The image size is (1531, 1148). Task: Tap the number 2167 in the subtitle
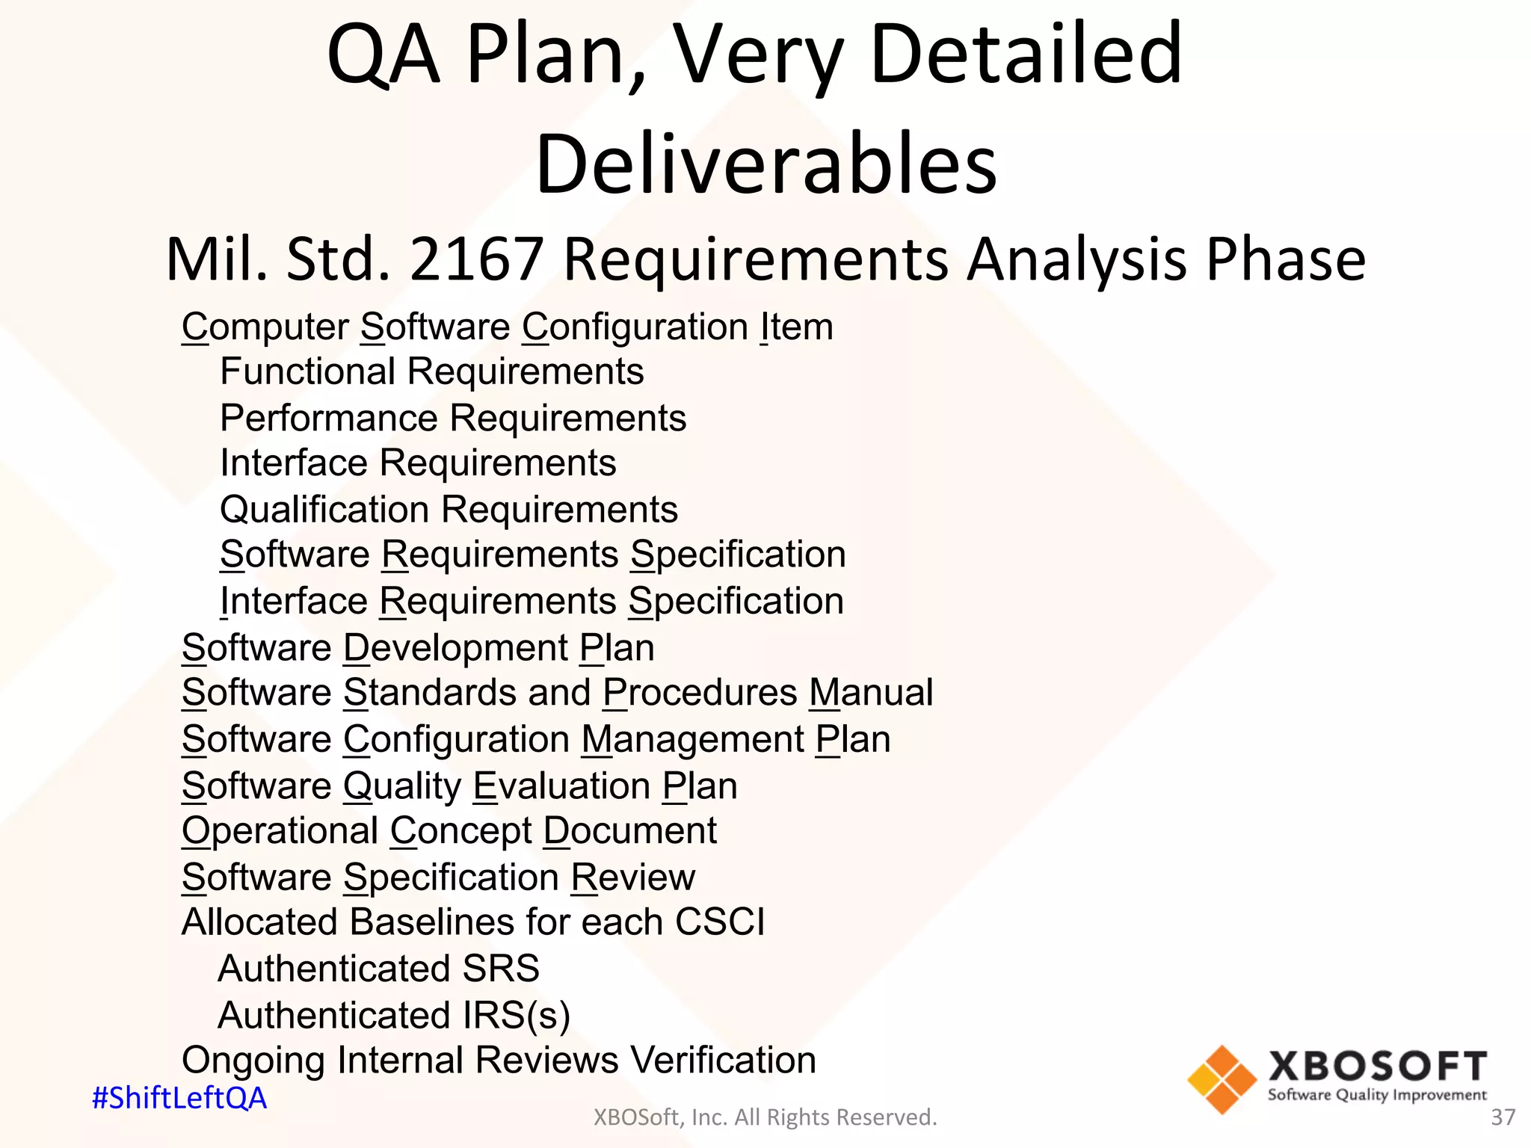(476, 259)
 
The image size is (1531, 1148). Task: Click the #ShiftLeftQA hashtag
(179, 1098)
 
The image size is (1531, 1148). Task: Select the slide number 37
(1503, 1117)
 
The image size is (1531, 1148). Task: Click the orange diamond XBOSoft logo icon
(1222, 1079)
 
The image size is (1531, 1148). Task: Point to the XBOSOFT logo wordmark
(1377, 1067)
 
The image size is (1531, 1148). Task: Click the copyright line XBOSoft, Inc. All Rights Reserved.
(765, 1117)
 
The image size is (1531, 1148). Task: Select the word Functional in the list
(307, 371)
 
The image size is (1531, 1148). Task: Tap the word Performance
(328, 418)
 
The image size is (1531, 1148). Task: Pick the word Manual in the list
(871, 693)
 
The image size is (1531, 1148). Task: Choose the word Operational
(280, 831)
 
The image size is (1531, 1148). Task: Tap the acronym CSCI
(719, 922)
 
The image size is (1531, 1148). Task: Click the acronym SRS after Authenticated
(500, 969)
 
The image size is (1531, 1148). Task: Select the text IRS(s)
(516, 1016)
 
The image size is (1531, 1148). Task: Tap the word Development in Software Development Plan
(455, 648)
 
